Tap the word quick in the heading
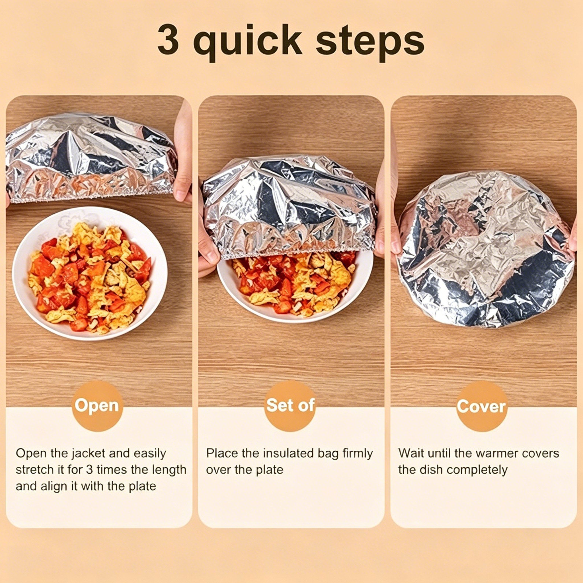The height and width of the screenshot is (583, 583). (x=247, y=43)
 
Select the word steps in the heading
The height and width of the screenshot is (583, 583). (x=370, y=43)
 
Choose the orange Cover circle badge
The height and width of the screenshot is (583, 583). (x=482, y=406)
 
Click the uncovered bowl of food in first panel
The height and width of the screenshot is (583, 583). (x=90, y=273)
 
